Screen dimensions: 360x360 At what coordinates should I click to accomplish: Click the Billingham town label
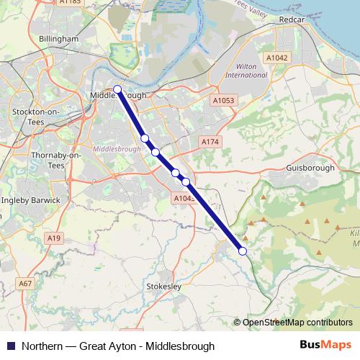[x=59, y=39]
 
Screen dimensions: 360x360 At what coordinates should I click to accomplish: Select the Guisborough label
[x=310, y=168]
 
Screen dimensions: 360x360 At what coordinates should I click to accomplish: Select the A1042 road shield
[x=276, y=57]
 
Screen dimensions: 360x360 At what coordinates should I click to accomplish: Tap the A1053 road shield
[x=224, y=101]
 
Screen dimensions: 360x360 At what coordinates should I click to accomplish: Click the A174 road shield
[x=210, y=142]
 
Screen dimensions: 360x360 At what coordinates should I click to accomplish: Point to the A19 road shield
[x=53, y=237]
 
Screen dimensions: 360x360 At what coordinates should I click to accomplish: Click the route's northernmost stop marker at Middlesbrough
[x=117, y=90]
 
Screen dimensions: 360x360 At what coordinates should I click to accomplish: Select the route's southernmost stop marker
[x=243, y=251]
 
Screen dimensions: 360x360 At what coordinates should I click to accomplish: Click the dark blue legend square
[x=10, y=344]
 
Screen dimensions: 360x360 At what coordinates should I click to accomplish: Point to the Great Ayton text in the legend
[x=108, y=344]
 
